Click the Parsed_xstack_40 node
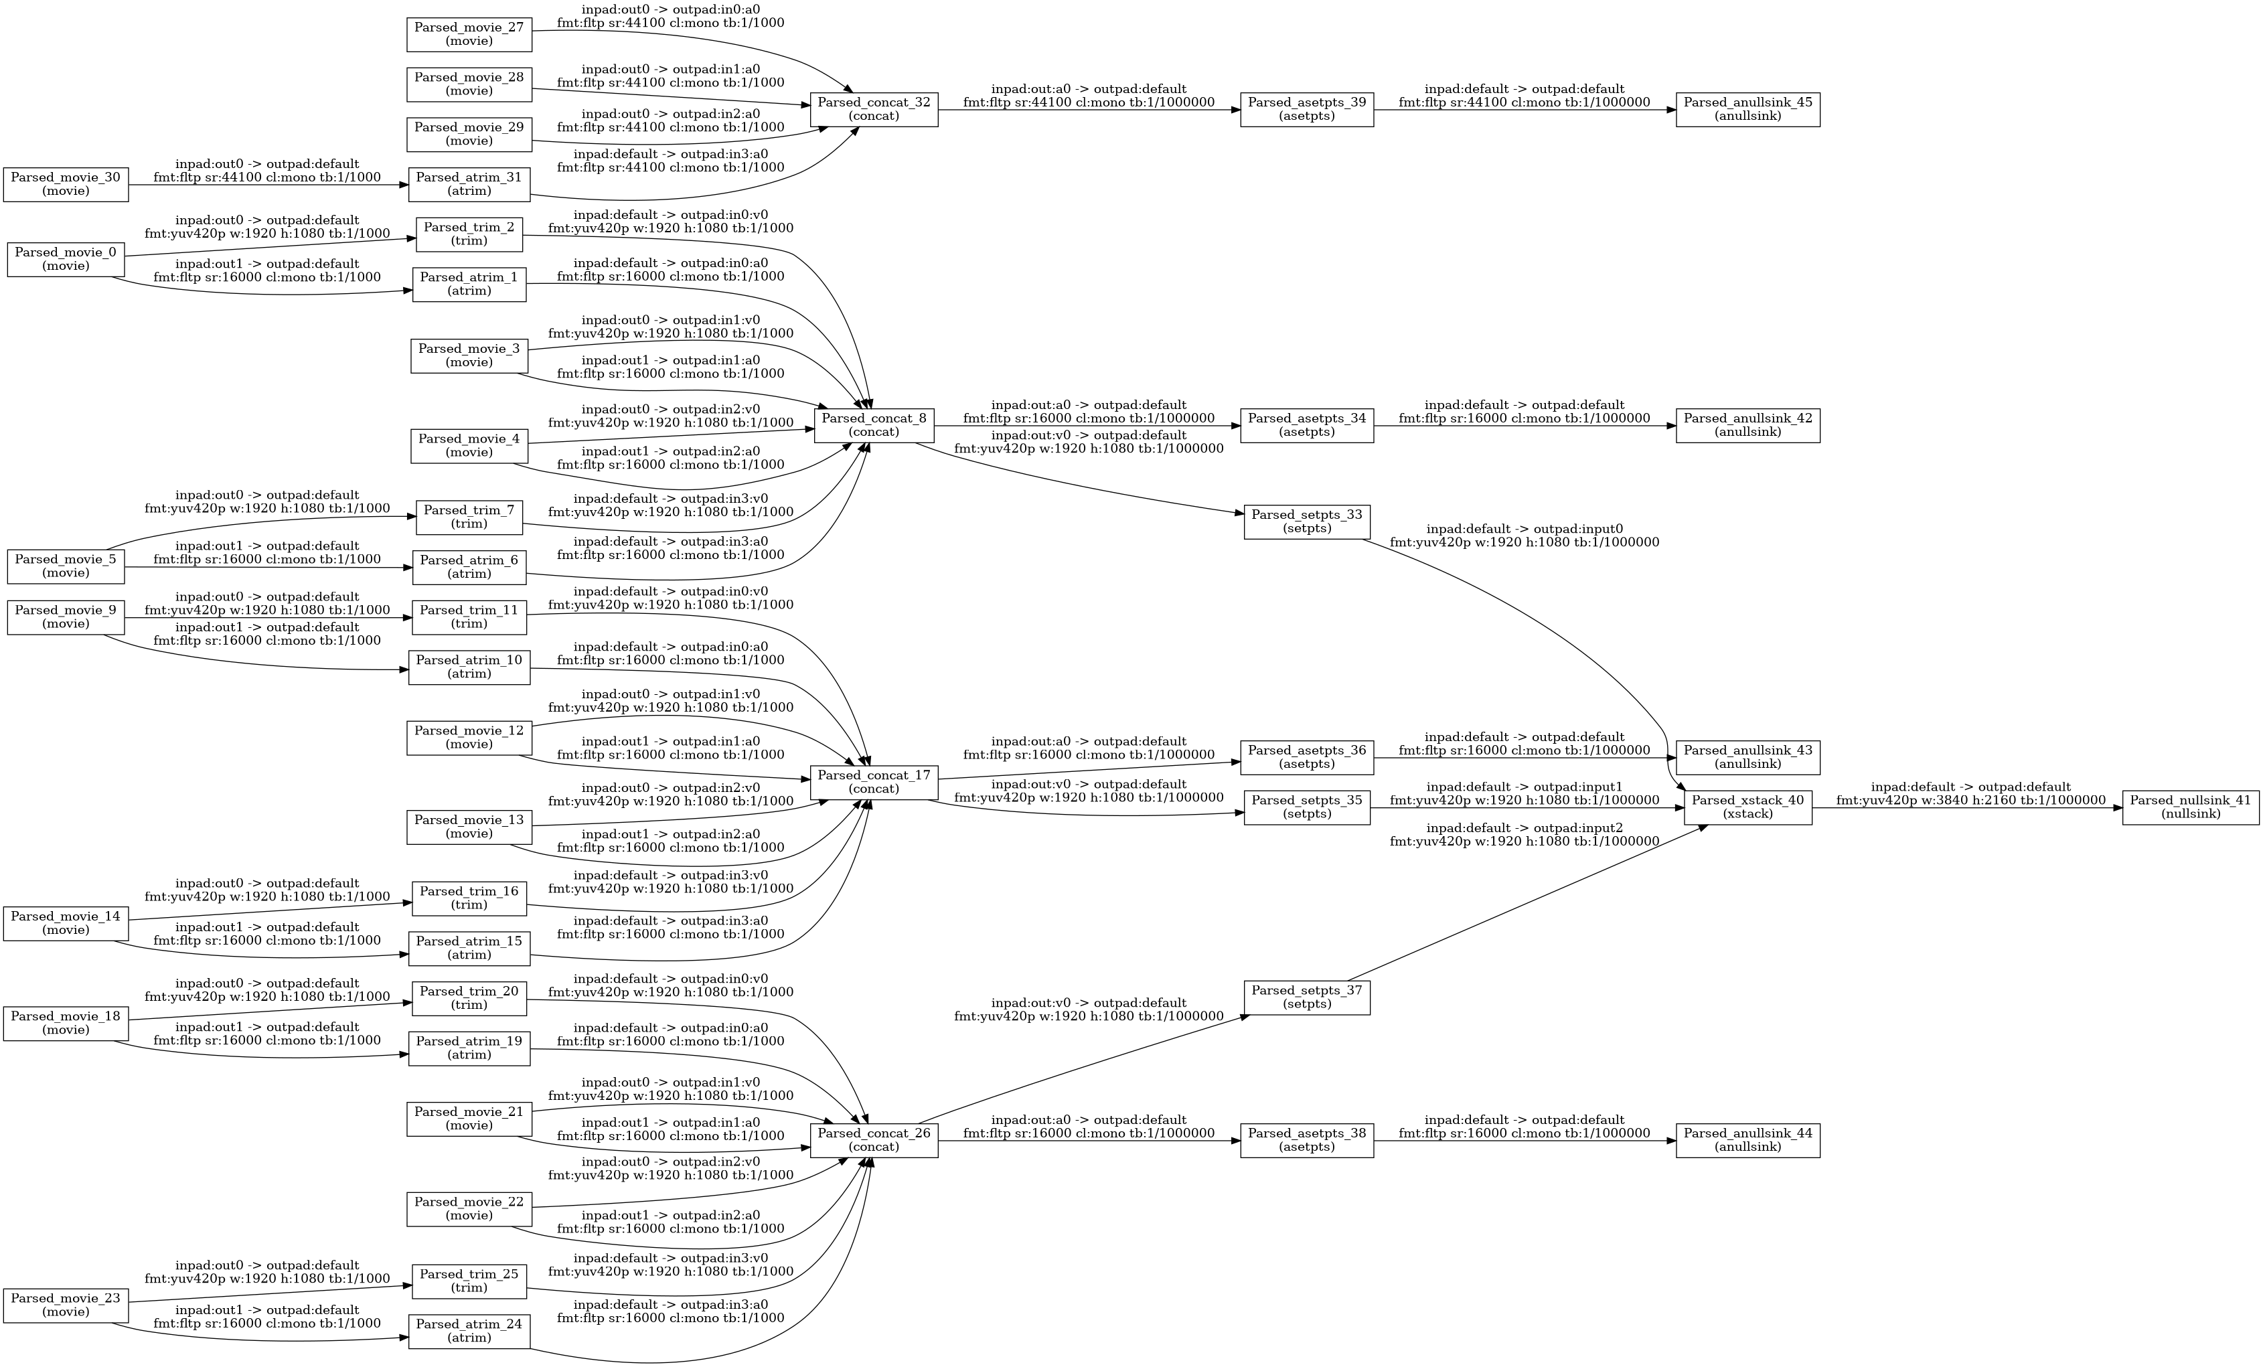[x=1747, y=807]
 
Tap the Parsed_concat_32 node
[x=874, y=110]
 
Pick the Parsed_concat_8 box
[x=874, y=425]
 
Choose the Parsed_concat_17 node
[x=874, y=782]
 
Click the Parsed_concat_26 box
[x=874, y=1140]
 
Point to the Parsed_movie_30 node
[x=66, y=185]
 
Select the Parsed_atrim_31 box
[x=469, y=185]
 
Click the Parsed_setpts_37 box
[x=1307, y=997]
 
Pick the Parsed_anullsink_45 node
[x=1747, y=110]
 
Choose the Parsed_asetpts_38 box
[x=1307, y=1140]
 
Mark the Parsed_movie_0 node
[x=66, y=259]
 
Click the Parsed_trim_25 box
[x=469, y=1281]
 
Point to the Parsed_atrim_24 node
[x=469, y=1332]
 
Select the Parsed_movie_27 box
[x=469, y=35]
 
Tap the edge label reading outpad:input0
[x=1525, y=536]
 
